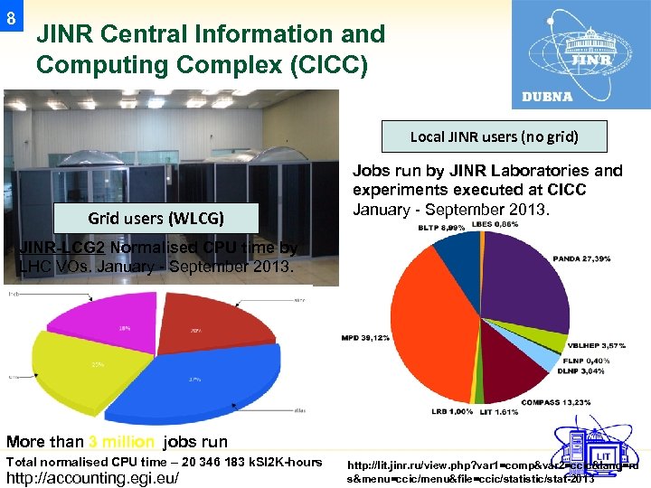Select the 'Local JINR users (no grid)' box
tap(494, 137)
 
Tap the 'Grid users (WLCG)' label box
tap(156, 218)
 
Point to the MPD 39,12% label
tap(365, 337)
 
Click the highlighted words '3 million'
tap(122, 442)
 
